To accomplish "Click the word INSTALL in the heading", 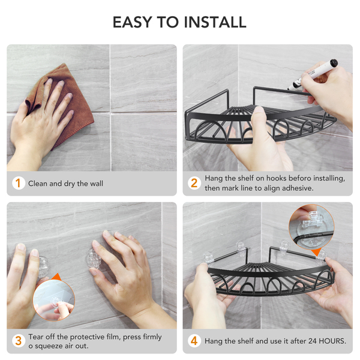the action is (x=215, y=22).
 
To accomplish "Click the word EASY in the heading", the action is (x=132, y=22).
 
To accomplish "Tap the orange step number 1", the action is (x=18, y=184).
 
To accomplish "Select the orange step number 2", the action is (x=194, y=183).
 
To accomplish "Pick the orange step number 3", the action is (x=18, y=341).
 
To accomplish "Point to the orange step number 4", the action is (x=194, y=341).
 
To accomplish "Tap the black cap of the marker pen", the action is (x=333, y=63).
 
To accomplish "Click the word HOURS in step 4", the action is (x=332, y=341).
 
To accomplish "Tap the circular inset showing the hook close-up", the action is (x=311, y=227).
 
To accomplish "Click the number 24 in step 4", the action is (x=313, y=341).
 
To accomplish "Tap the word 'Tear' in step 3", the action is (x=35, y=337).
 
